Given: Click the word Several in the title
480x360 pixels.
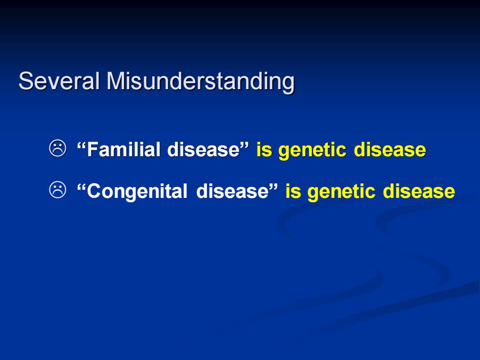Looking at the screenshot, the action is [59, 81].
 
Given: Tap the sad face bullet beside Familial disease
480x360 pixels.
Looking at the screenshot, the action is [58, 148].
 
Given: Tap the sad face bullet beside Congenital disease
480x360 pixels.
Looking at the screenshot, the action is [58, 190].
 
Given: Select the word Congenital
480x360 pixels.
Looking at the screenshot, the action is [137, 192].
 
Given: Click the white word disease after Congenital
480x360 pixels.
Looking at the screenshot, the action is [232, 191].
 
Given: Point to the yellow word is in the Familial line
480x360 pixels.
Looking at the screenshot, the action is [264, 150].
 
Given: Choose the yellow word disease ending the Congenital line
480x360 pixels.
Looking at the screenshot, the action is [419, 192].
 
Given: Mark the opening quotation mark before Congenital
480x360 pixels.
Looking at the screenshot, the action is [81, 186].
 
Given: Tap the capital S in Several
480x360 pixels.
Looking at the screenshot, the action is [25, 81].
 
